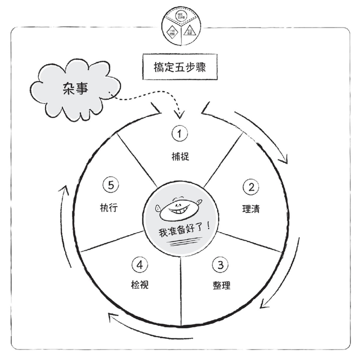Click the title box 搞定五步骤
click(179, 67)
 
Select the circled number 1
click(179, 133)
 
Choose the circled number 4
click(139, 264)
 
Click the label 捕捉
click(179, 156)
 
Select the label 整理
click(221, 285)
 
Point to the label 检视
click(139, 285)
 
